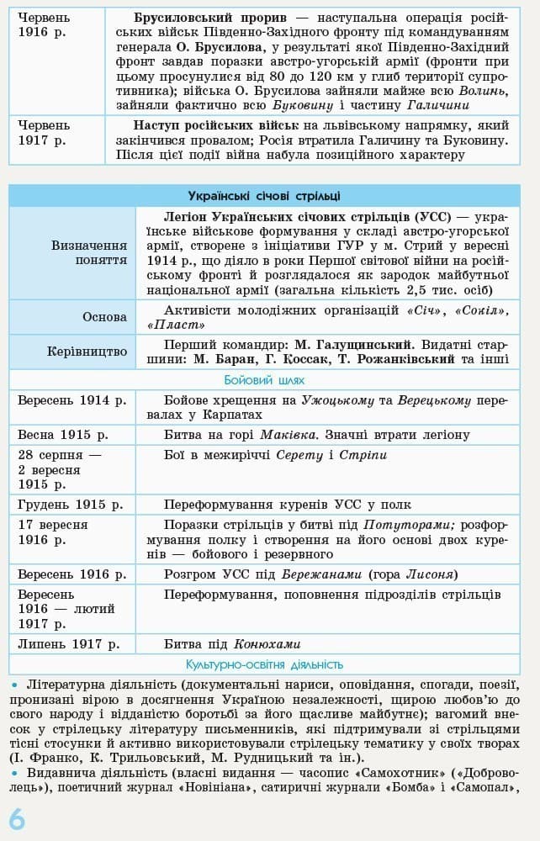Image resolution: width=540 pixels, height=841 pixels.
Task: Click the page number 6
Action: tap(17, 817)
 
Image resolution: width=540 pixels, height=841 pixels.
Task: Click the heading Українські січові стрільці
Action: tap(264, 196)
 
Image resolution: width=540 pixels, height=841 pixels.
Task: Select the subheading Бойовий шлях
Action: tap(264, 380)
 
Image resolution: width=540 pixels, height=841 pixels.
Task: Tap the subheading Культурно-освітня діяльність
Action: tap(264, 664)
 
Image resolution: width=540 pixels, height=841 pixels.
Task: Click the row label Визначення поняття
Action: tap(88, 252)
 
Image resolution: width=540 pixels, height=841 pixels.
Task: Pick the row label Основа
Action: tap(104, 317)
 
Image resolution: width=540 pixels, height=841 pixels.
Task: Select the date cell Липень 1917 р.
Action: tap(67, 644)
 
